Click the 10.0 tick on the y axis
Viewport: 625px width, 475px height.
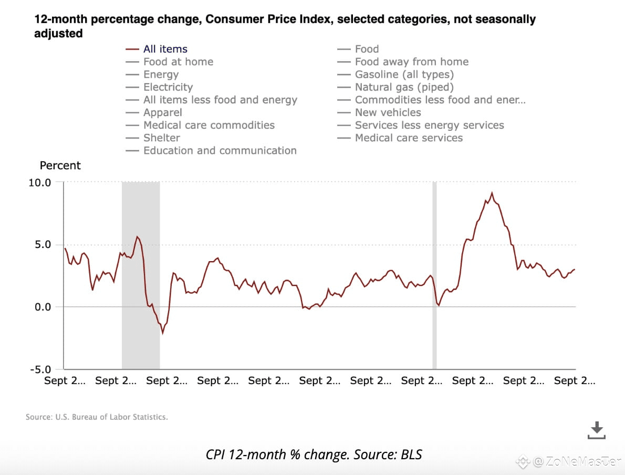coord(39,182)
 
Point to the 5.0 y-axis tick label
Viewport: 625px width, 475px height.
coord(42,244)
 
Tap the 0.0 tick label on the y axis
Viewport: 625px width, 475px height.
coord(42,307)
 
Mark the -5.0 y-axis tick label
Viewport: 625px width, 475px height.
coord(40,369)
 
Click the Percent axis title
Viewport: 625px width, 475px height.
coord(60,166)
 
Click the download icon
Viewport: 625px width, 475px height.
coord(596,430)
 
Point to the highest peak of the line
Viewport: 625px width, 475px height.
coord(492,193)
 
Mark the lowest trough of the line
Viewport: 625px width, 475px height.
coord(163,333)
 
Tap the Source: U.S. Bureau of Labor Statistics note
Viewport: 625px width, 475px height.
coord(97,417)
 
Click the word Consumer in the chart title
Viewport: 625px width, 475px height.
coord(231,20)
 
